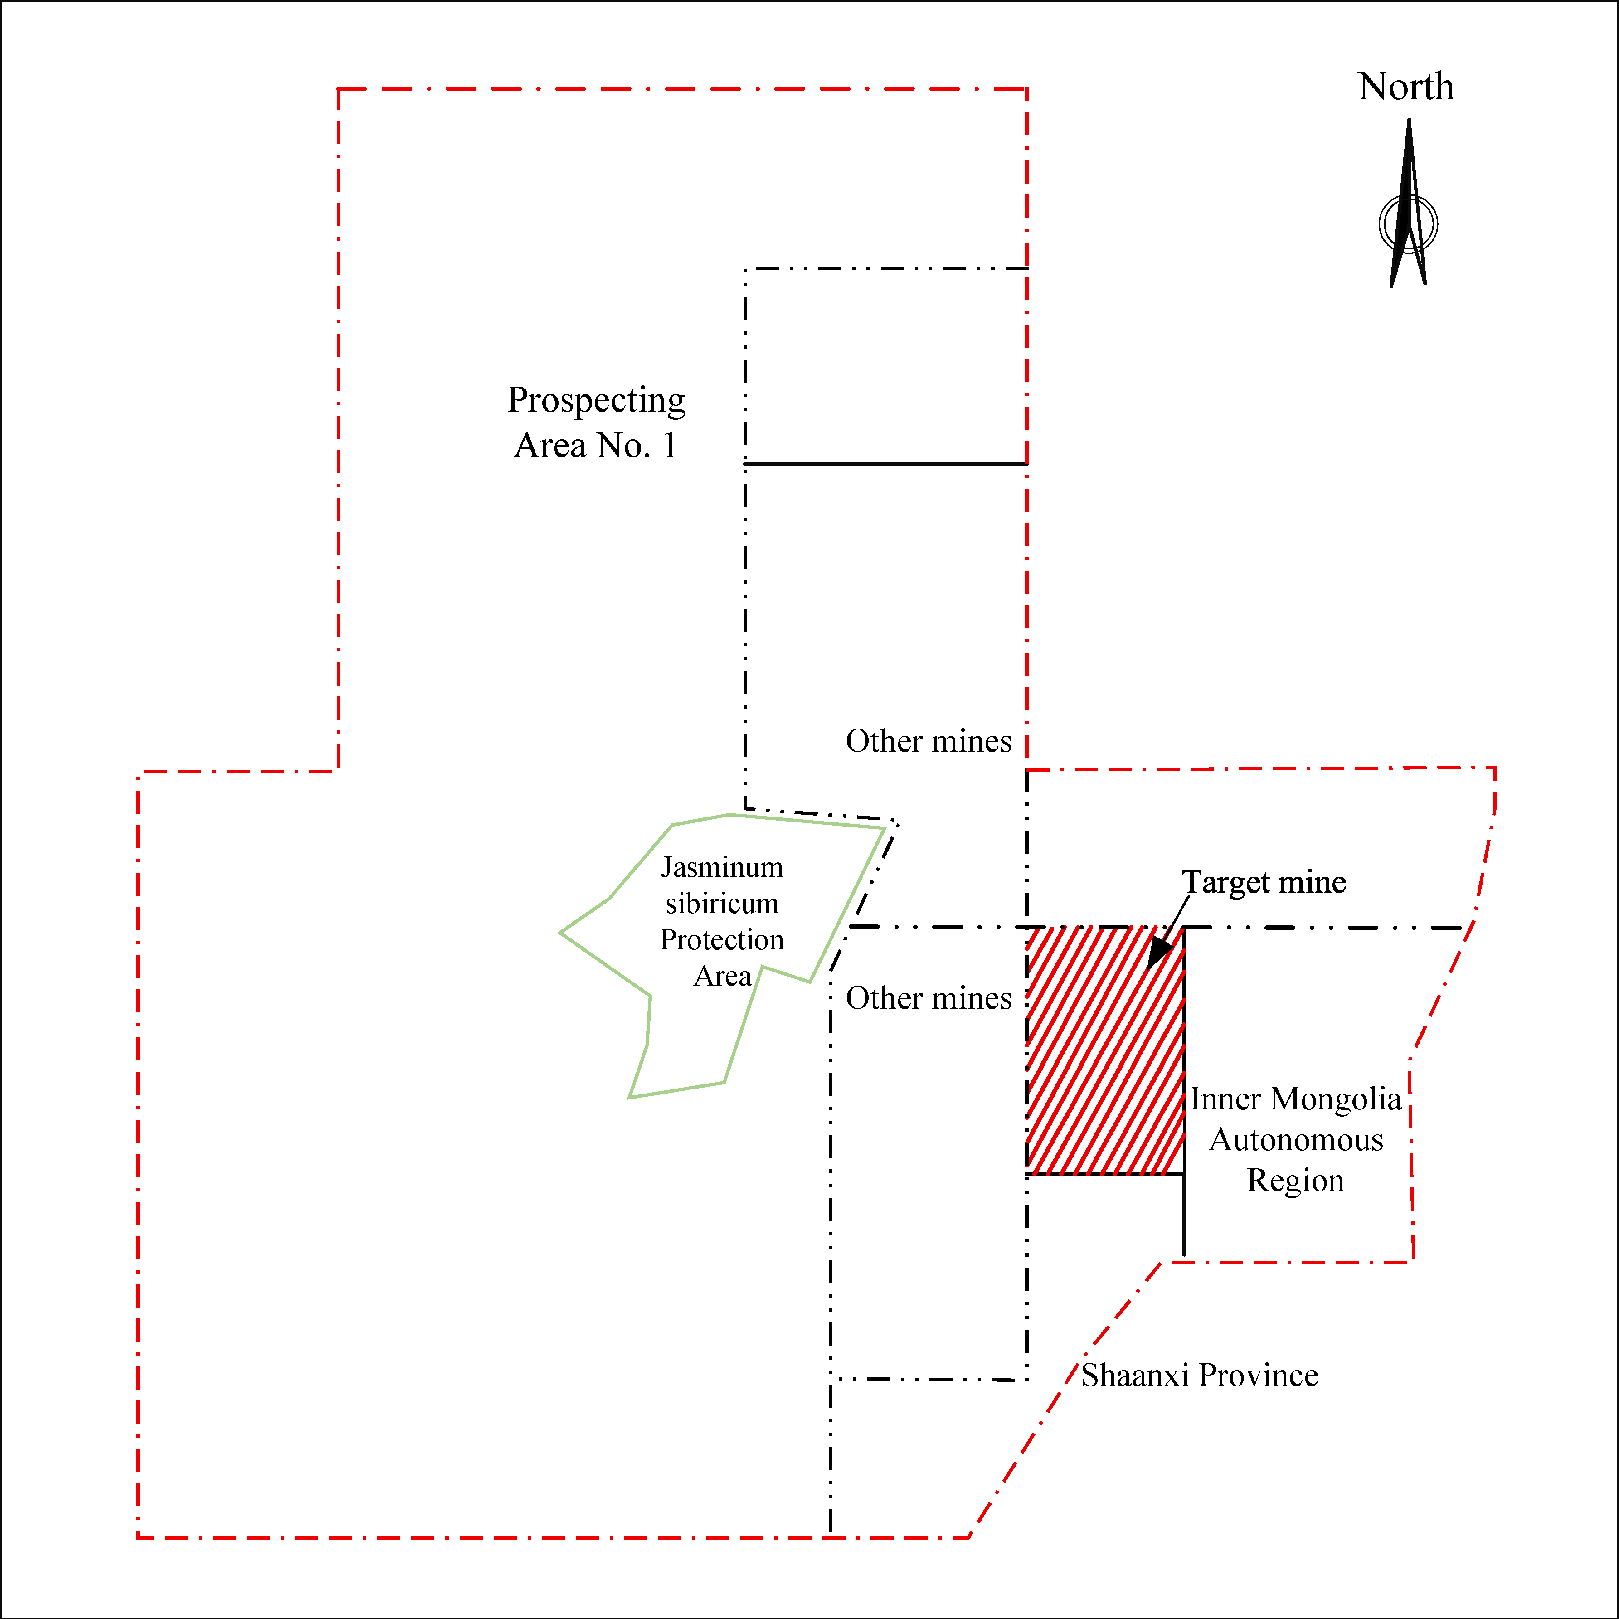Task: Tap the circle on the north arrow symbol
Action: [x=1409, y=224]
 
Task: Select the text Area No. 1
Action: [x=595, y=445]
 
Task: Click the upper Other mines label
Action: [x=929, y=741]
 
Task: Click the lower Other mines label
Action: [x=929, y=998]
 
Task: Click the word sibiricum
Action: [x=722, y=904]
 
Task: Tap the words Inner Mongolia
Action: [x=1296, y=1099]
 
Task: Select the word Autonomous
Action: [x=1296, y=1140]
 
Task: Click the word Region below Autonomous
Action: [x=1296, y=1180]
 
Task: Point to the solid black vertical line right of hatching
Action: [x=1184, y=1215]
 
